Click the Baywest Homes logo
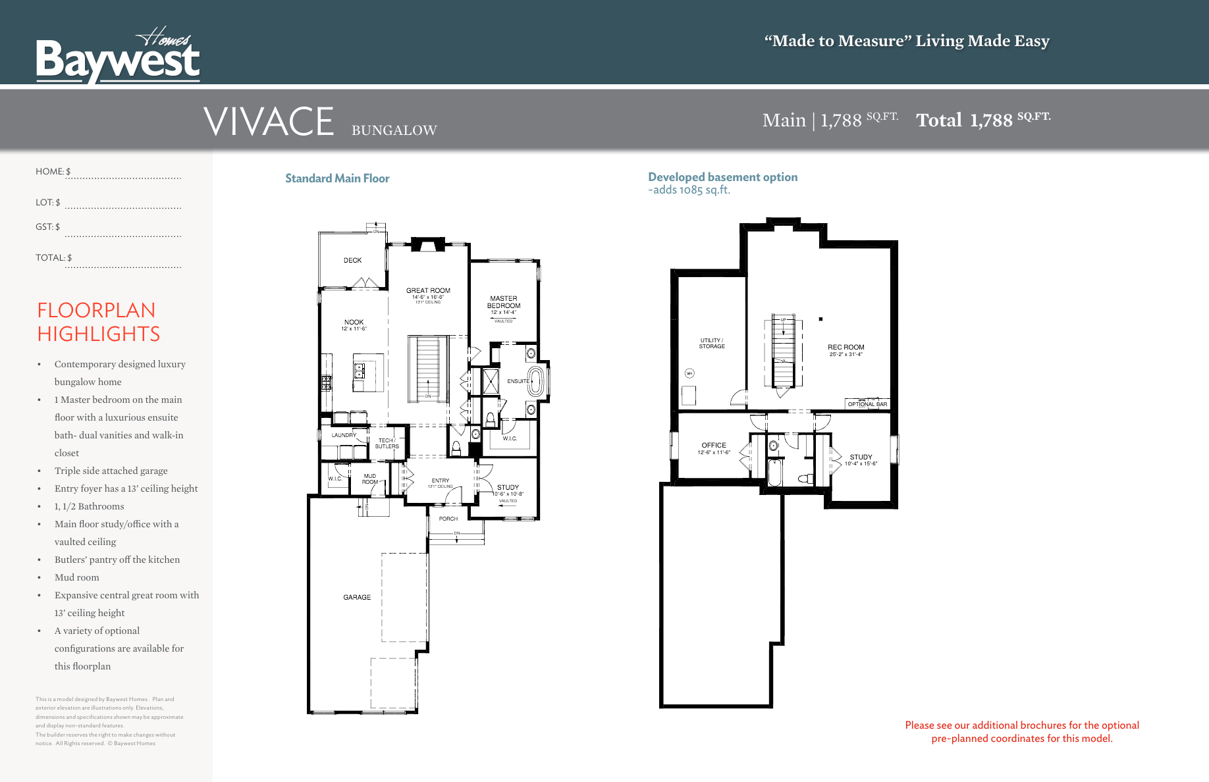coord(117,57)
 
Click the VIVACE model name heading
coord(269,122)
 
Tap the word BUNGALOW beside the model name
coord(394,130)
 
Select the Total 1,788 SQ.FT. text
coord(982,120)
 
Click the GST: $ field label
coord(47,227)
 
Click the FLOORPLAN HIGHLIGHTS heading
coord(99,322)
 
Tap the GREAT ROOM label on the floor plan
coord(428,290)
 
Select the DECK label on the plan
coord(352,261)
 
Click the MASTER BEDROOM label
coord(504,302)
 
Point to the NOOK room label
coord(354,323)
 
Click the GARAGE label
coord(357,598)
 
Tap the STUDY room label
coord(508,488)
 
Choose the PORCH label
coord(448,519)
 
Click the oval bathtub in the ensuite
coord(536,381)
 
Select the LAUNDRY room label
coord(344,435)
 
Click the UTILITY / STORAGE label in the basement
coord(711,344)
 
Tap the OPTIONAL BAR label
coord(867,404)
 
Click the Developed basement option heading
coord(722,177)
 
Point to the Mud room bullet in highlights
coord(77,577)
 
